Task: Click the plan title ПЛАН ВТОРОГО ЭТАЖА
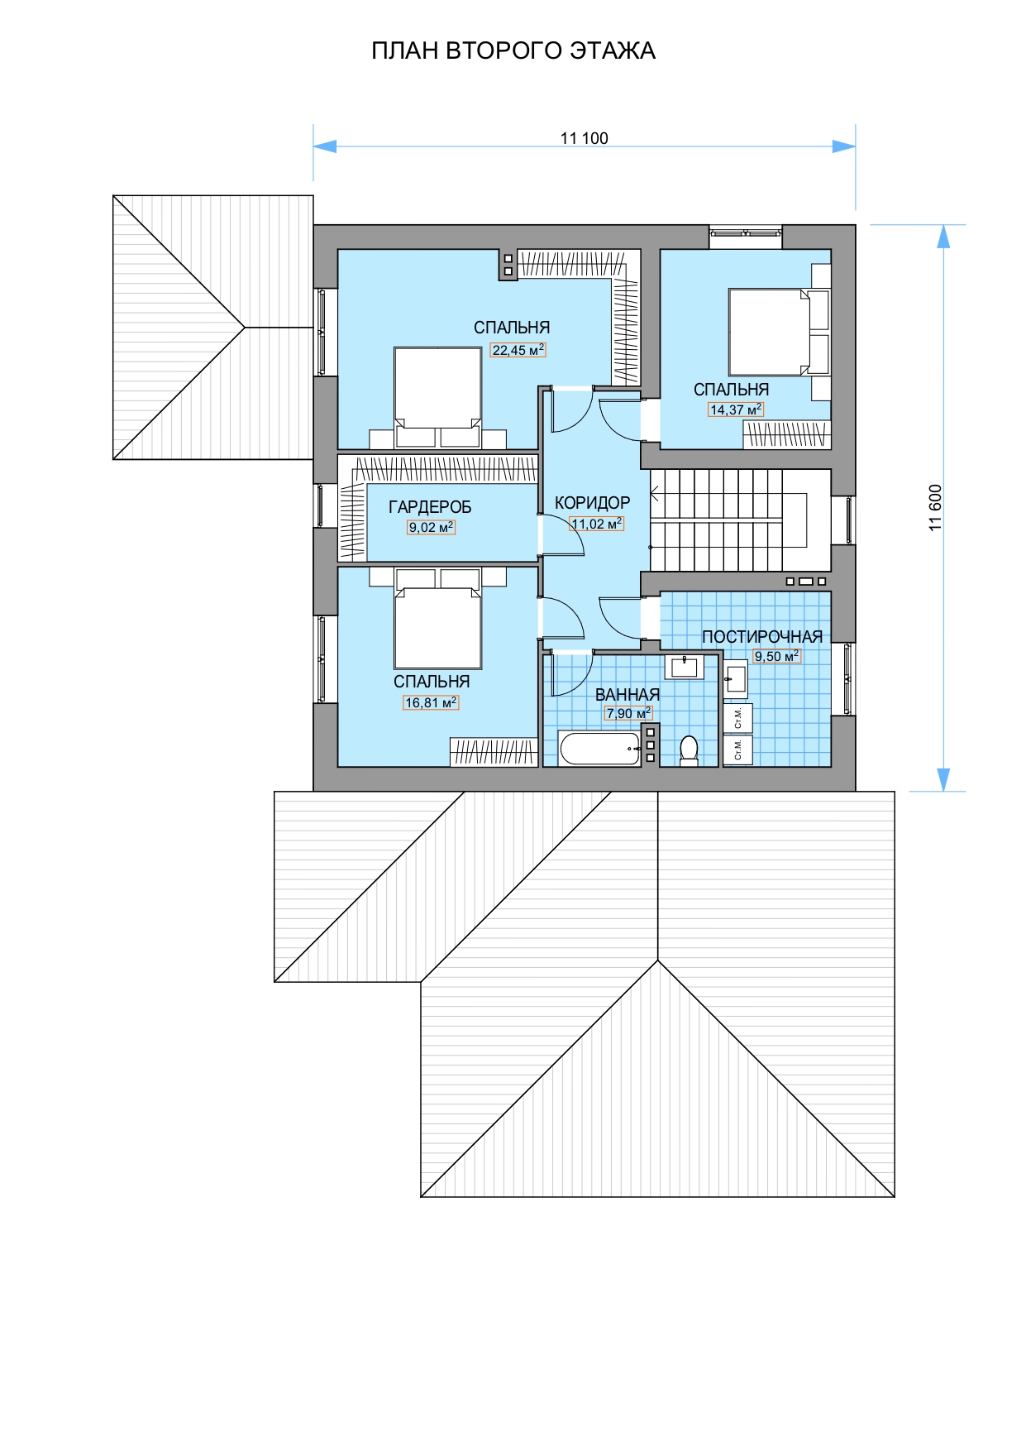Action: [x=513, y=51]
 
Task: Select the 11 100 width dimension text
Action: [x=584, y=138]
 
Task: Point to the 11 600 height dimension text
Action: [x=935, y=507]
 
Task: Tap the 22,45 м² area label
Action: [x=518, y=350]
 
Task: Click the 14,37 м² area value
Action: [x=736, y=409]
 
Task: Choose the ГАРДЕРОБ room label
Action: [x=430, y=507]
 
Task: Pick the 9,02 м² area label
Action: [x=431, y=527]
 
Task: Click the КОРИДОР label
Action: [x=592, y=503]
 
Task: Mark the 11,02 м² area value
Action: [x=597, y=524]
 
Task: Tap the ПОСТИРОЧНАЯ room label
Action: [x=762, y=637]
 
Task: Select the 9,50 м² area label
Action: [x=776, y=656]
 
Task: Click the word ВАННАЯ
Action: [x=628, y=695]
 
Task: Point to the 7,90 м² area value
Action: [x=628, y=713]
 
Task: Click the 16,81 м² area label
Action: [x=430, y=702]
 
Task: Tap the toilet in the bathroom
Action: [x=689, y=750]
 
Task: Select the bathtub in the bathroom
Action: [x=600, y=748]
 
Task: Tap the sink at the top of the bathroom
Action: [x=685, y=667]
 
